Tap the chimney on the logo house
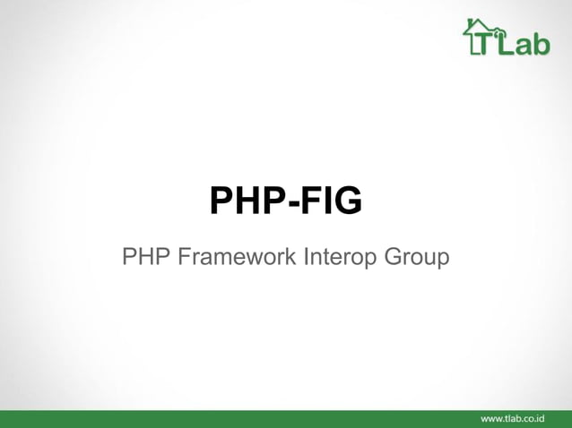click(x=470, y=23)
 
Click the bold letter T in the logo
click(x=485, y=46)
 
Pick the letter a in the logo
click(x=523, y=47)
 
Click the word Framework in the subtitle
click(x=235, y=258)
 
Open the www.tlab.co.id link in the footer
click(x=513, y=418)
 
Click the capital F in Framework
click(x=181, y=258)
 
